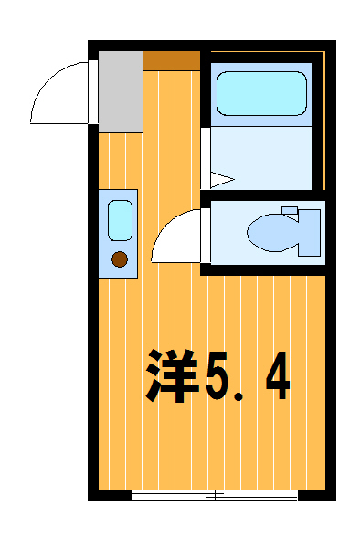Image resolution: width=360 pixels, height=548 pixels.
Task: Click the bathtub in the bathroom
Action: pyautogui.click(x=260, y=92)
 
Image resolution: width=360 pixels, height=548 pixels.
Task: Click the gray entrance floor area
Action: pyautogui.click(x=121, y=91)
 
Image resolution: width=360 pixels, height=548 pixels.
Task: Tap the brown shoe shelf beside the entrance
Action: pyautogui.click(x=172, y=61)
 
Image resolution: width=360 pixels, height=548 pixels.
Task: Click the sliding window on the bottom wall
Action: pyautogui.click(x=215, y=496)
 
